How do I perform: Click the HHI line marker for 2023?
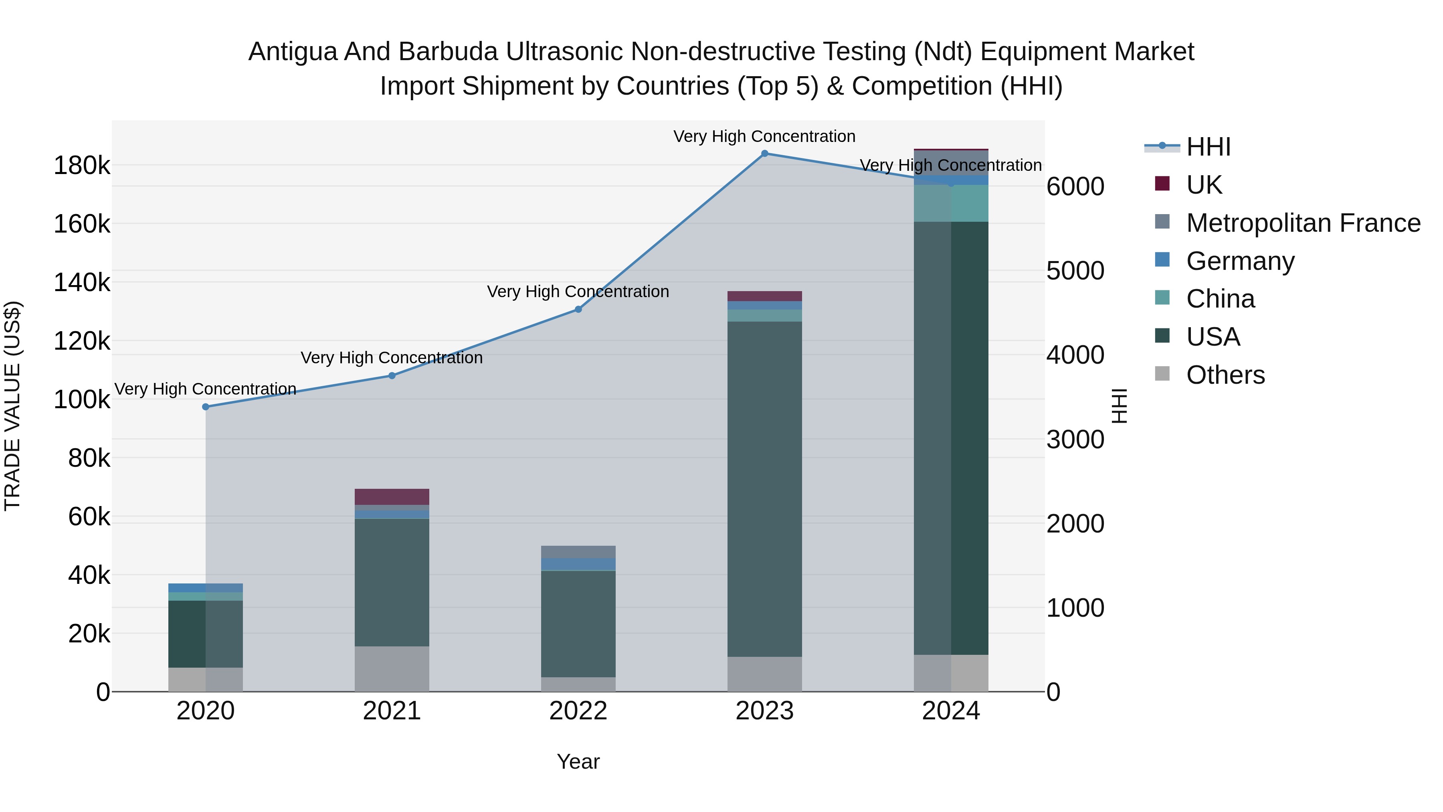pos(765,154)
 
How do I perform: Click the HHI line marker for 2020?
pos(206,407)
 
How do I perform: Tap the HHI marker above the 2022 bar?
pos(578,309)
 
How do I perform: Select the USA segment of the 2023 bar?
pos(765,488)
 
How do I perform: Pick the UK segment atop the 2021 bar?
pos(392,496)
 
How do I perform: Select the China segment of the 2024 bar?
pos(951,203)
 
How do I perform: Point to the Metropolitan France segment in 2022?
pos(578,552)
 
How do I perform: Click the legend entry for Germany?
pos(1240,261)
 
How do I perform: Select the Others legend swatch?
pos(1162,374)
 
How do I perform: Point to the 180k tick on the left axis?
pos(82,166)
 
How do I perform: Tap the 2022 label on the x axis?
pos(578,711)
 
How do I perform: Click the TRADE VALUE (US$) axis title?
pos(12,406)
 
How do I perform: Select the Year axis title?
pos(578,761)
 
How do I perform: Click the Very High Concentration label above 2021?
pos(392,358)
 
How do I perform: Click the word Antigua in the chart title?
pos(291,52)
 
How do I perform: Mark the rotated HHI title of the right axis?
pos(1119,406)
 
